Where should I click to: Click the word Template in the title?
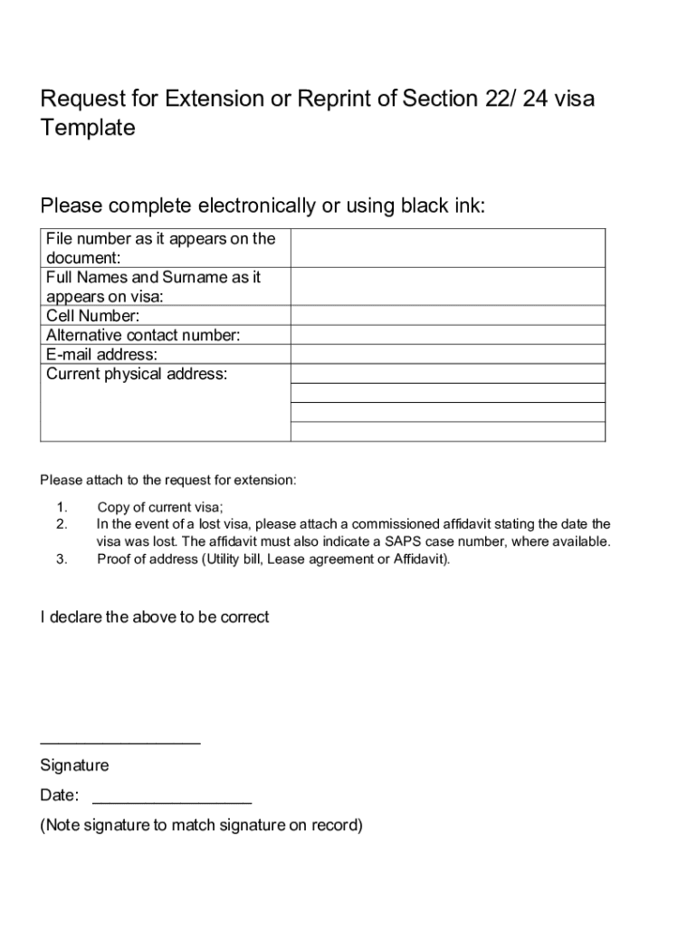pyautogui.click(x=88, y=128)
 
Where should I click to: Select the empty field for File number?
pyautogui.click(x=447, y=248)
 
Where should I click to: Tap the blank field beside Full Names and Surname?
pyautogui.click(x=447, y=286)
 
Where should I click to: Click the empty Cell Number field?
pyautogui.click(x=447, y=316)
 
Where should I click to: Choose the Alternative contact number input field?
pyautogui.click(x=447, y=335)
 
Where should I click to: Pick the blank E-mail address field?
pyautogui.click(x=447, y=354)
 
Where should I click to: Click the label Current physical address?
pyautogui.click(x=137, y=374)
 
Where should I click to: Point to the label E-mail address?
pyautogui.click(x=101, y=355)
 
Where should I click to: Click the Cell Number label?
pyautogui.click(x=93, y=316)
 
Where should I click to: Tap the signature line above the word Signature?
pyautogui.click(x=120, y=743)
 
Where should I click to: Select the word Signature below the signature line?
pyautogui.click(x=74, y=766)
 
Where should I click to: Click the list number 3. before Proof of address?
pyautogui.click(x=62, y=559)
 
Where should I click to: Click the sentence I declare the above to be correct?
pyautogui.click(x=155, y=617)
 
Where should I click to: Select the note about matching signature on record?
pyautogui.click(x=201, y=825)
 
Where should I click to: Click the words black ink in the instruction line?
pyautogui.click(x=442, y=206)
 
